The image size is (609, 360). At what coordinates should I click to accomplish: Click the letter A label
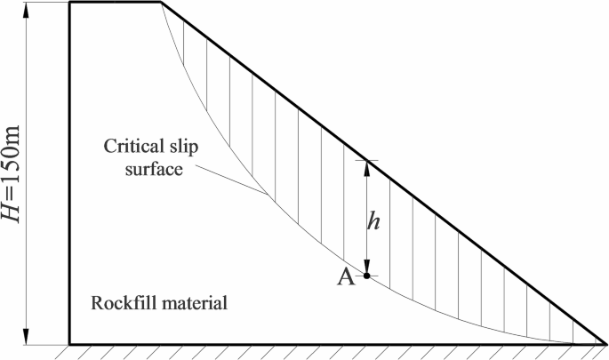[x=347, y=277]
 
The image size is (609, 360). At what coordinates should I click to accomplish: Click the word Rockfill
[x=124, y=302]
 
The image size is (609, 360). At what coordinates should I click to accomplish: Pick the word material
[x=196, y=302]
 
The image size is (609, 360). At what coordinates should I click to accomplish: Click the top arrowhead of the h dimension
[x=366, y=165]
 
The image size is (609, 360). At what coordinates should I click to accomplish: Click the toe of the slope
[x=603, y=343]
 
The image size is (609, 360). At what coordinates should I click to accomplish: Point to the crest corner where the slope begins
[x=161, y=3]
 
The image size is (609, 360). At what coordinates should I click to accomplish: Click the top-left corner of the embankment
[x=69, y=3]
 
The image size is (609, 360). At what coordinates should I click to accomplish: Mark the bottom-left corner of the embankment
[x=69, y=343]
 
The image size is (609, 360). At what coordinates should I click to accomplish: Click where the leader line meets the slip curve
[x=267, y=195]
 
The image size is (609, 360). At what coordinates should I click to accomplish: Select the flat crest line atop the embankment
[x=116, y=3]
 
